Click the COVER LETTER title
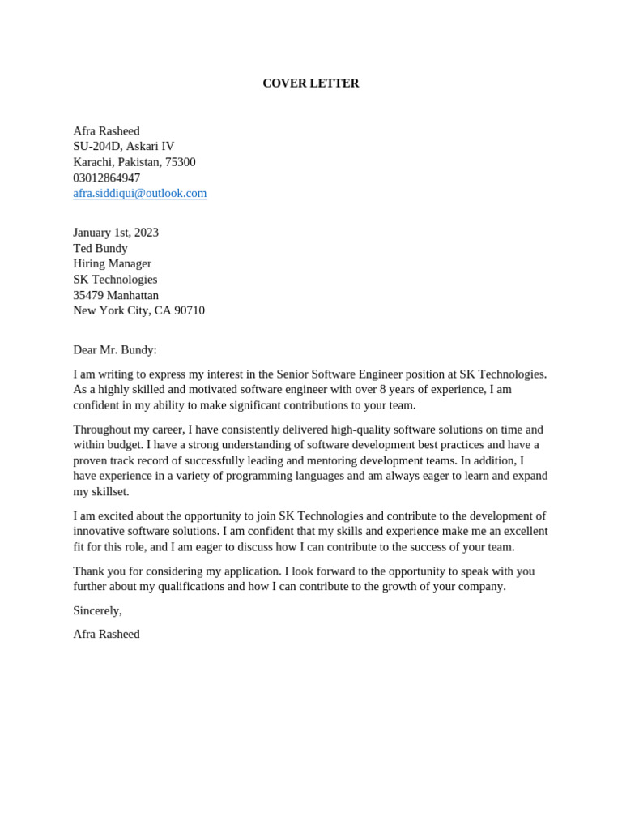coord(310,83)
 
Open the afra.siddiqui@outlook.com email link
coord(139,193)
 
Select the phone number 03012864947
coord(106,178)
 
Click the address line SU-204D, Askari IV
coord(123,146)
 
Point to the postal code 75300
coord(180,162)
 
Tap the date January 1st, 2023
coord(116,233)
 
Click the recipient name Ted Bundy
coord(100,248)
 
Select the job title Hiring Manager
coord(112,263)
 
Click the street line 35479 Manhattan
coord(116,295)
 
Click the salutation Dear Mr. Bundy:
coord(115,350)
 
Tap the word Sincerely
coord(96,610)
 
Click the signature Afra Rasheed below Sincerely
coord(106,634)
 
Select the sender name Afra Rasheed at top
coord(106,130)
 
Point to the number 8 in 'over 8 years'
coord(382,389)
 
